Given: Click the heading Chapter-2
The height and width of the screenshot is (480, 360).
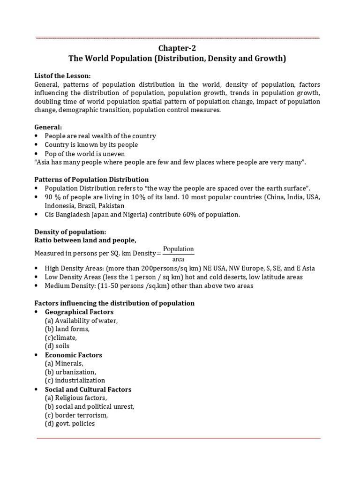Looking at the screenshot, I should pyautogui.click(x=178, y=48).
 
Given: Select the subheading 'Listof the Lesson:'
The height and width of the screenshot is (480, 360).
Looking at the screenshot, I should pyautogui.click(x=62, y=76).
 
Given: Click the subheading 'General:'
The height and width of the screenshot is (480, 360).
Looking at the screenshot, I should pyautogui.click(x=48, y=127).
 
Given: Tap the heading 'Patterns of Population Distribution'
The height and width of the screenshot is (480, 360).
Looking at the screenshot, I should pyautogui.click(x=91, y=180).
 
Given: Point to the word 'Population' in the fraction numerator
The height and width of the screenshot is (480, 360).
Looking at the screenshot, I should pyautogui.click(x=178, y=249).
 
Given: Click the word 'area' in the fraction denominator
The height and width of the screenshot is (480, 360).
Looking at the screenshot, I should pyautogui.click(x=178, y=259).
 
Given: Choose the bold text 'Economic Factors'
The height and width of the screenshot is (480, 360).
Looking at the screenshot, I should pyautogui.click(x=73, y=355).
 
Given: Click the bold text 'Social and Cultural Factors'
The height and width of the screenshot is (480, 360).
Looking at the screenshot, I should pyautogui.click(x=88, y=389).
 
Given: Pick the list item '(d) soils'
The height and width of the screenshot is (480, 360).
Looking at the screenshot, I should pyautogui.click(x=57, y=346).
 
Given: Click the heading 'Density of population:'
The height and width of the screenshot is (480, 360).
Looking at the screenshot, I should pyautogui.click(x=70, y=232).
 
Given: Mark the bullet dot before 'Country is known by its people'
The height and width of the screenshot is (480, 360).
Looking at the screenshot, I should pyautogui.click(x=37, y=145).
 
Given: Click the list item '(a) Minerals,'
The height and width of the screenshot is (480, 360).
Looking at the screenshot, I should pyautogui.click(x=64, y=363).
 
